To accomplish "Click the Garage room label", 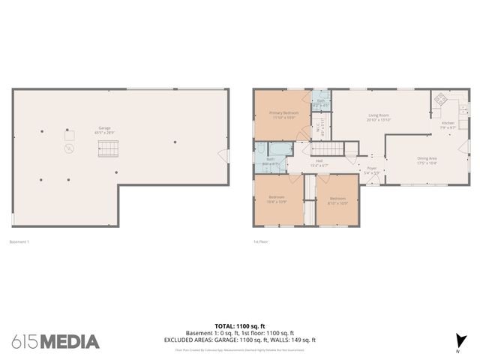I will [x=103, y=130].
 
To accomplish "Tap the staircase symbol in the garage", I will [x=109, y=149].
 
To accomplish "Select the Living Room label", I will [x=378, y=117].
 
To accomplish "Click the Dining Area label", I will [x=427, y=160].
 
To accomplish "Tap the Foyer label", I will [x=371, y=170].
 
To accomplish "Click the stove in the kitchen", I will [x=440, y=100].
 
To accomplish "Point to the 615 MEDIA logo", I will [x=55, y=341].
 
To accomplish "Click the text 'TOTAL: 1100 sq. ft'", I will [x=240, y=326].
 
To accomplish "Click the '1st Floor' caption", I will [x=261, y=241].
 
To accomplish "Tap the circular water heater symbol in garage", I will [x=69, y=149].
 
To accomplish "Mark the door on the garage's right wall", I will [x=223, y=154].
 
